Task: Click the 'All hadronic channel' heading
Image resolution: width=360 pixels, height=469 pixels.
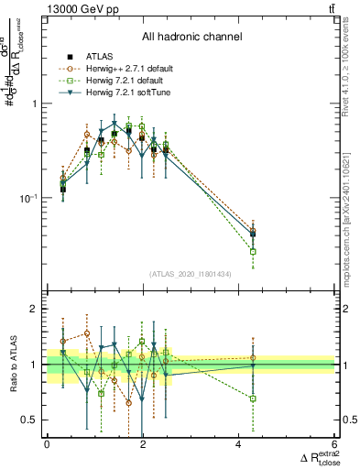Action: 191,38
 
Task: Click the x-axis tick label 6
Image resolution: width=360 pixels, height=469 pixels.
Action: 335,446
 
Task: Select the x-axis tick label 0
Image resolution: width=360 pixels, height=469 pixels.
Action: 47,446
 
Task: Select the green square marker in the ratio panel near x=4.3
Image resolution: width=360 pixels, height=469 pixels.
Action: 253,398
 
